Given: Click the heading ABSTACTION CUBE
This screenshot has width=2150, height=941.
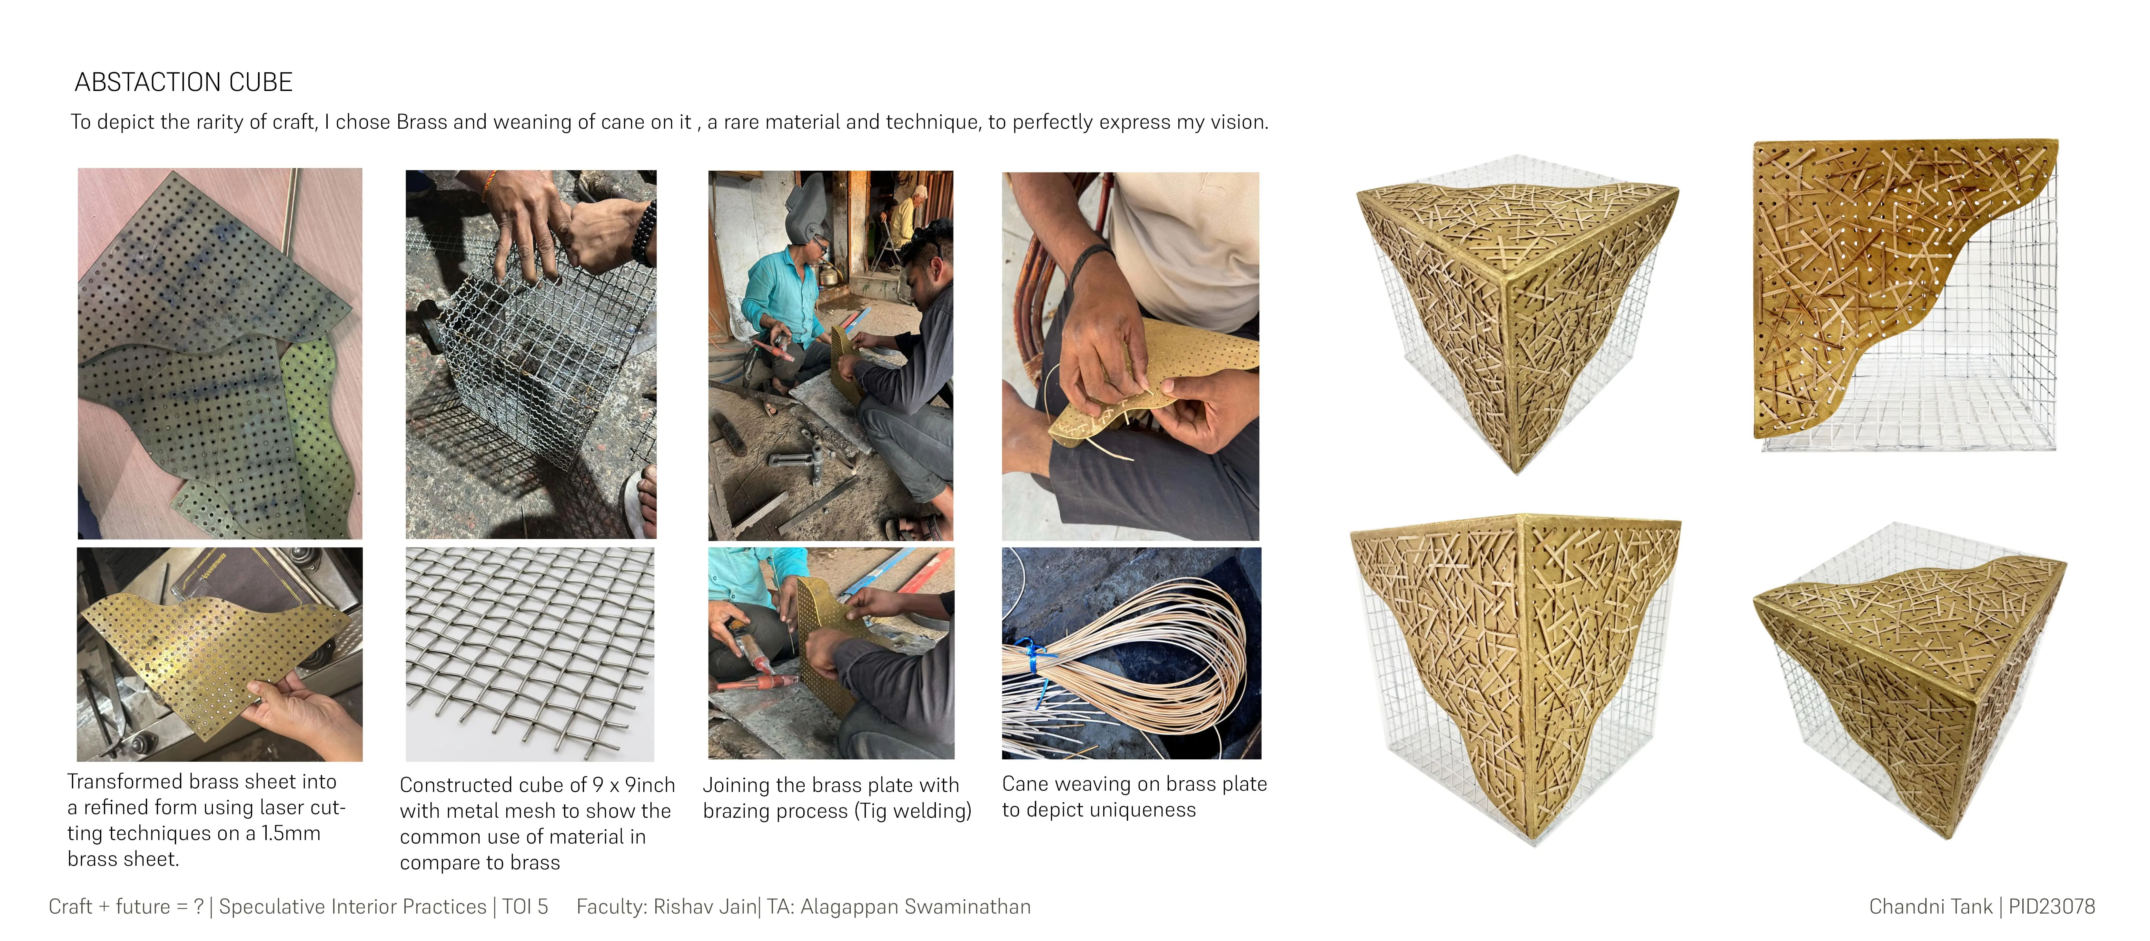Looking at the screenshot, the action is click(183, 82).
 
